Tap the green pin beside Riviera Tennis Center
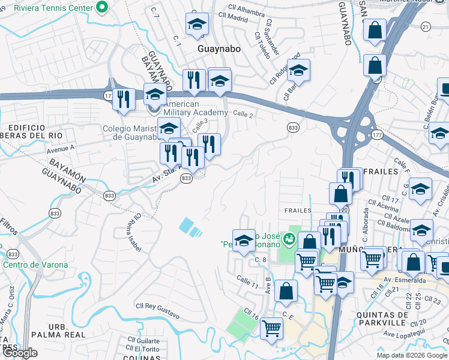pyautogui.click(x=101, y=8)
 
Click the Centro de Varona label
pyautogui.click(x=35, y=265)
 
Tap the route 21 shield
pyautogui.click(x=426, y=26)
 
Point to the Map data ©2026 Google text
pyautogui.click(x=412, y=355)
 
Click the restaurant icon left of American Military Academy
pyautogui.click(x=124, y=100)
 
